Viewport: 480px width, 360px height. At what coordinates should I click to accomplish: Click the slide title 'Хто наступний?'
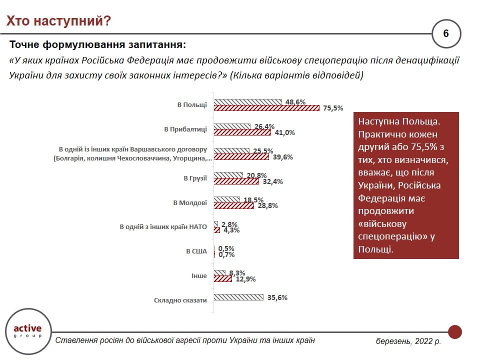pyautogui.click(x=58, y=21)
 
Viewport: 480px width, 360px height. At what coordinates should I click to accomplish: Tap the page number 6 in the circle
pyautogui.click(x=446, y=33)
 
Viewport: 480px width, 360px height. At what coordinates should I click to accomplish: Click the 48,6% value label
pyautogui.click(x=295, y=101)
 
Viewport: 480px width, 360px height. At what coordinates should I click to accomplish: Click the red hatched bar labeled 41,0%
pyautogui.click(x=242, y=132)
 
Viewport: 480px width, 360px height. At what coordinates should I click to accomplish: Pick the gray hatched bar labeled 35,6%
pyautogui.click(x=238, y=297)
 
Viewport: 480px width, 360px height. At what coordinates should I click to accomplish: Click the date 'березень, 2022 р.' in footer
pyautogui.click(x=408, y=341)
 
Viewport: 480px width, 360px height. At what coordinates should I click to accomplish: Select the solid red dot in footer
pyautogui.click(x=454, y=331)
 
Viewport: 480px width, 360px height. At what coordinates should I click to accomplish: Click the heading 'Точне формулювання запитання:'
pyautogui.click(x=97, y=44)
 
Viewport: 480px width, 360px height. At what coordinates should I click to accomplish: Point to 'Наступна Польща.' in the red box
pyautogui.click(x=398, y=122)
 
